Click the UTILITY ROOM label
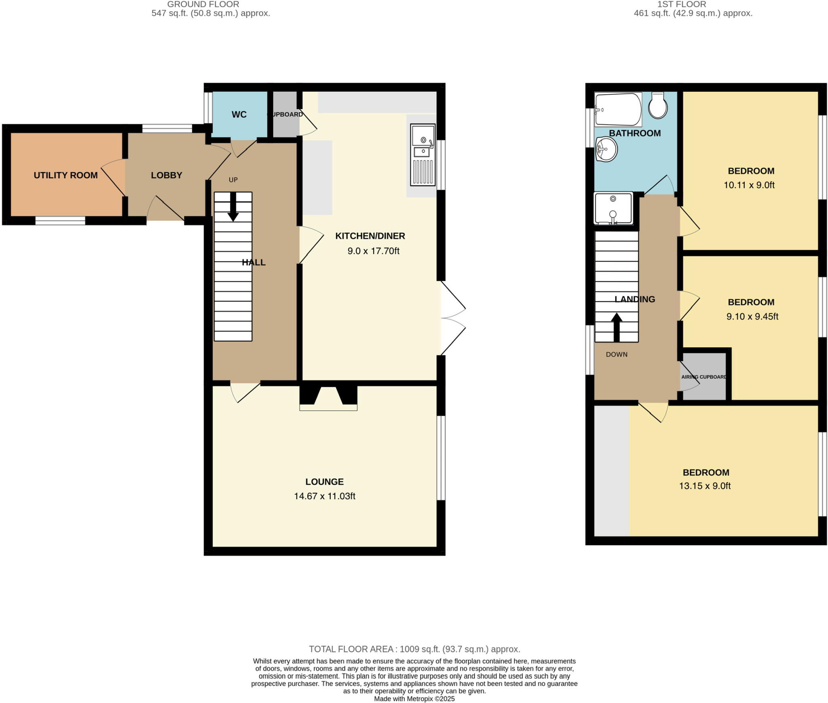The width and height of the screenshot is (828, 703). (x=65, y=175)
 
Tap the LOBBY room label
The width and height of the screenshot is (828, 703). (x=166, y=175)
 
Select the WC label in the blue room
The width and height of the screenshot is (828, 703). (x=239, y=114)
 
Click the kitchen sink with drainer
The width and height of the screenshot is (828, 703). (x=423, y=155)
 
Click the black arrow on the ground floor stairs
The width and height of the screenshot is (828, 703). (x=233, y=207)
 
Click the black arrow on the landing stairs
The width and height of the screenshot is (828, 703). (x=616, y=327)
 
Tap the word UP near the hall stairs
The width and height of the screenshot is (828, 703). (x=233, y=180)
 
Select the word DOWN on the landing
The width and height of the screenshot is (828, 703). (x=617, y=355)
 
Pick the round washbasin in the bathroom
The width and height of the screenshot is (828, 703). (x=606, y=149)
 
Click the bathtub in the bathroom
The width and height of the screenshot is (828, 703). (x=618, y=110)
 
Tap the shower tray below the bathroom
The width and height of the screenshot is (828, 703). (x=613, y=208)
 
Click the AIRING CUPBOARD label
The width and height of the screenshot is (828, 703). (x=704, y=377)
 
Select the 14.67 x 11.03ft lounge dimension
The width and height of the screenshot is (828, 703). (x=324, y=496)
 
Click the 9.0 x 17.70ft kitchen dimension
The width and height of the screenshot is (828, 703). (x=373, y=251)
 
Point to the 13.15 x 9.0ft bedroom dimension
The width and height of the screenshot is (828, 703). (x=705, y=486)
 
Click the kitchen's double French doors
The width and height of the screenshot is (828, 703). (x=452, y=318)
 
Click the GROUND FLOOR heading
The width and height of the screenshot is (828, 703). (x=203, y=4)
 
